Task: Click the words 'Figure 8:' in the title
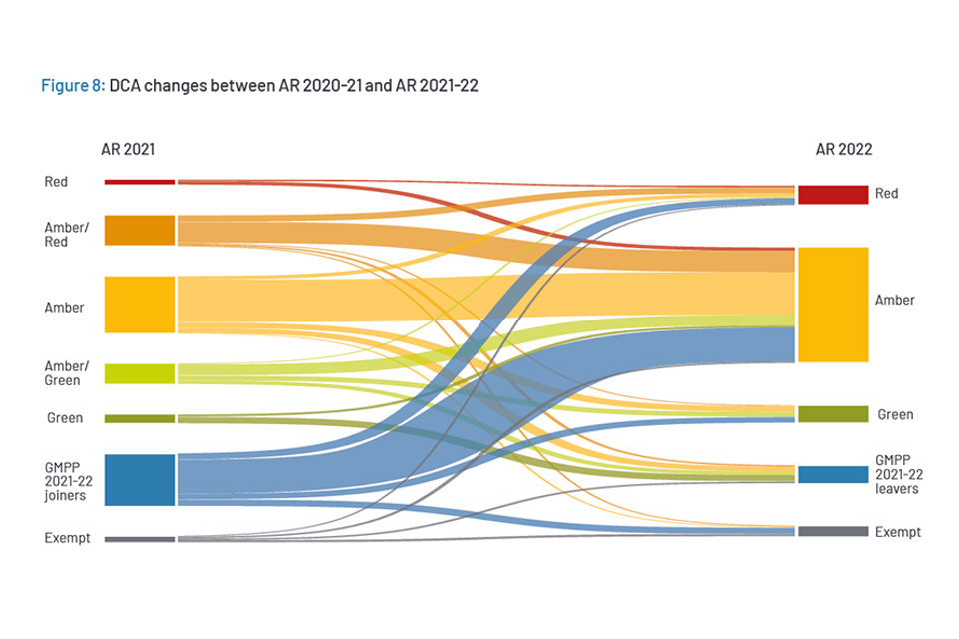click(x=72, y=86)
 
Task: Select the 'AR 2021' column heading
click(x=128, y=150)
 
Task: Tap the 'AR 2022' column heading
click(x=843, y=150)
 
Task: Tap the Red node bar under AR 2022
click(x=832, y=194)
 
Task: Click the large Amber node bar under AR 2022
click(x=832, y=305)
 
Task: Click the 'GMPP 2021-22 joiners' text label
click(x=67, y=480)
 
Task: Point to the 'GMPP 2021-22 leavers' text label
click(x=897, y=474)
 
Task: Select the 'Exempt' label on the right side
click(x=897, y=532)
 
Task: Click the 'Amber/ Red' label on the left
click(x=66, y=235)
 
